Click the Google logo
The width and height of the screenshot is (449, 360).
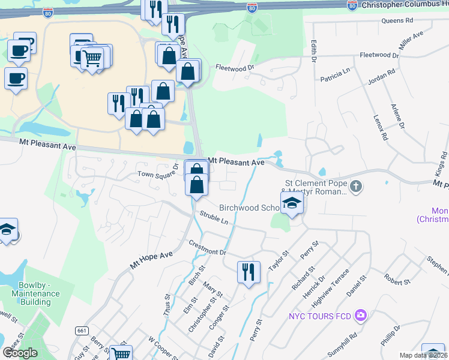[x=19, y=353]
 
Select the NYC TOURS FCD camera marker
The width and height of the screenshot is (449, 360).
[x=360, y=315]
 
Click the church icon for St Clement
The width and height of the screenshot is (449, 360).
[x=356, y=186]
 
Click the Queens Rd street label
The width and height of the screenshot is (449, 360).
[x=397, y=20]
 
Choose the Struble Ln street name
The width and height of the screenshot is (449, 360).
[x=215, y=217]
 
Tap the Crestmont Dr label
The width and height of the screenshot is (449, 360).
[x=207, y=248]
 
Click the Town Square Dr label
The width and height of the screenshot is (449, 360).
[x=158, y=173]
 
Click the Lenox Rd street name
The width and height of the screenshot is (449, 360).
[x=380, y=128]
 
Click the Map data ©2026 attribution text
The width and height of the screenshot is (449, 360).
[x=424, y=355]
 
